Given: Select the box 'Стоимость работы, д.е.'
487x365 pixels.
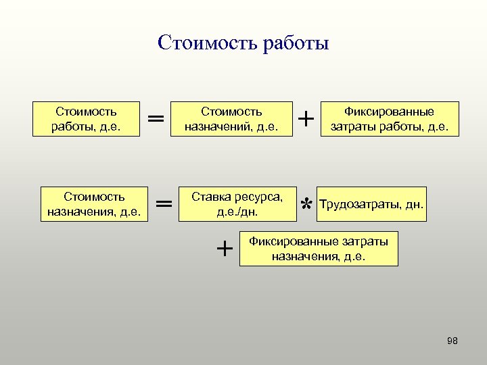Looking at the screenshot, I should [86, 119].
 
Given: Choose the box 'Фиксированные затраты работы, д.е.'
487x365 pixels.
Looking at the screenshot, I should [390, 119].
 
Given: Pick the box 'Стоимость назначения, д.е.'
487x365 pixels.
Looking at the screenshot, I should [94, 204].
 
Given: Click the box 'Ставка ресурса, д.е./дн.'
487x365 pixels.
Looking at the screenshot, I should [237, 204].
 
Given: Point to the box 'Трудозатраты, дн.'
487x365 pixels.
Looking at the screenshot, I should [371, 204].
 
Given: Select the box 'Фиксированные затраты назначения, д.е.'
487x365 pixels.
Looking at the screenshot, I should [319, 249].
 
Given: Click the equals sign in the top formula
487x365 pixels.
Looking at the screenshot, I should [156, 119].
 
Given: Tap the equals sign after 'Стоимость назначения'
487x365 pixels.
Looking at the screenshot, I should [164, 203].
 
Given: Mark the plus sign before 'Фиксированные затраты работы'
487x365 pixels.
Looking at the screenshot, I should [306, 119].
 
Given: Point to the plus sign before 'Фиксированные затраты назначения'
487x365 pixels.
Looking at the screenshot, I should [225, 249].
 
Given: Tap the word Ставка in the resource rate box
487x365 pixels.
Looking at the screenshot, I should [210, 197].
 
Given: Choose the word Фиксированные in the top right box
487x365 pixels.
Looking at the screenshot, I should [390, 112].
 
